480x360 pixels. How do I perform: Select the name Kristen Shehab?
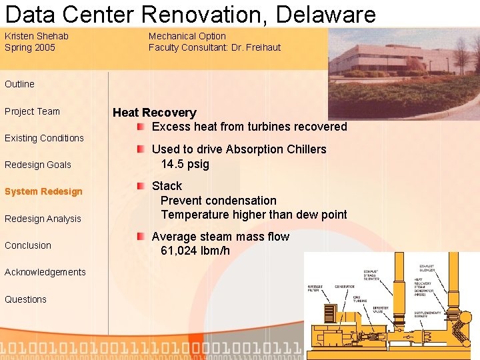(x=37, y=36)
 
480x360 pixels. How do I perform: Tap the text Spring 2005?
(x=30, y=47)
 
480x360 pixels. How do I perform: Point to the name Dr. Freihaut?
(x=256, y=47)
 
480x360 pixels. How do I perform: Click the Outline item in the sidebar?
(x=19, y=84)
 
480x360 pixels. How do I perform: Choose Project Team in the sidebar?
(x=32, y=111)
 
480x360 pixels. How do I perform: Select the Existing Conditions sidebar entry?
(x=44, y=138)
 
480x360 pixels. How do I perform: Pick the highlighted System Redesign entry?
(x=43, y=191)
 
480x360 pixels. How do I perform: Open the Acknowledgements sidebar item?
(x=45, y=272)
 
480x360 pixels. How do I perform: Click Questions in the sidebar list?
(x=25, y=299)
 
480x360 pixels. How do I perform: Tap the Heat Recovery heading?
(x=155, y=113)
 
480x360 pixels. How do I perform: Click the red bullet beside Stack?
(x=141, y=185)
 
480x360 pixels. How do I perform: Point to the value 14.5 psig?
(x=185, y=164)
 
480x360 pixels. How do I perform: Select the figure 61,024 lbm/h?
(x=195, y=251)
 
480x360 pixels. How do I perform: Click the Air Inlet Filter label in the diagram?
(x=315, y=289)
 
